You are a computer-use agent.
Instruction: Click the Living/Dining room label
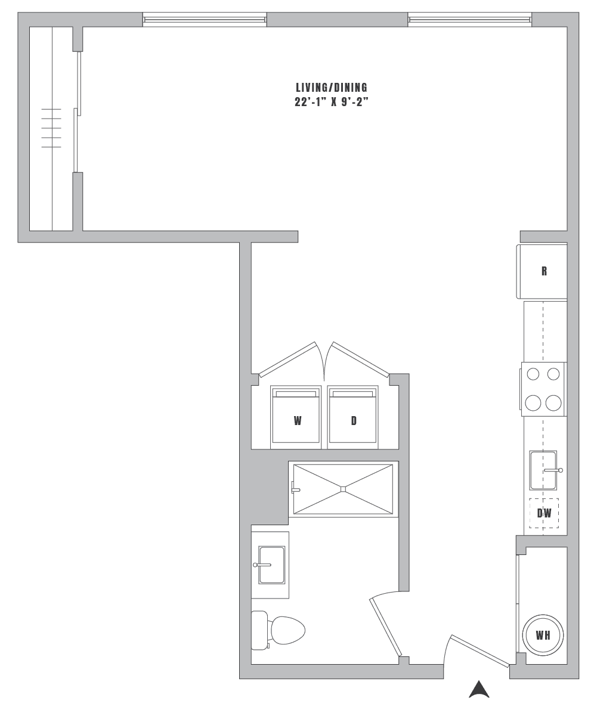332,87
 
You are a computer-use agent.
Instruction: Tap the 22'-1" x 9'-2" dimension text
332,102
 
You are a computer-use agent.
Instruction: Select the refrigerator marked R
542,271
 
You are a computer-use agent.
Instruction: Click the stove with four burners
543,389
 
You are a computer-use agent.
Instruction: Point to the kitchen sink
544,470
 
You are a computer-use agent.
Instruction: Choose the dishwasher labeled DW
544,513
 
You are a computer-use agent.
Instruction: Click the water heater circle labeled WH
542,635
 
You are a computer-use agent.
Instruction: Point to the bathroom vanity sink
270,565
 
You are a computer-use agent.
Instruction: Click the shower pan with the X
344,489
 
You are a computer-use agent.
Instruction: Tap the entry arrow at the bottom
479,690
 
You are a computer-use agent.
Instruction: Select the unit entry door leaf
480,651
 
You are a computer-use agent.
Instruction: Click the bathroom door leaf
385,627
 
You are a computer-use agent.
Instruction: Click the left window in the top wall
204,20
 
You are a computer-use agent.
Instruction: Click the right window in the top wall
469,20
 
